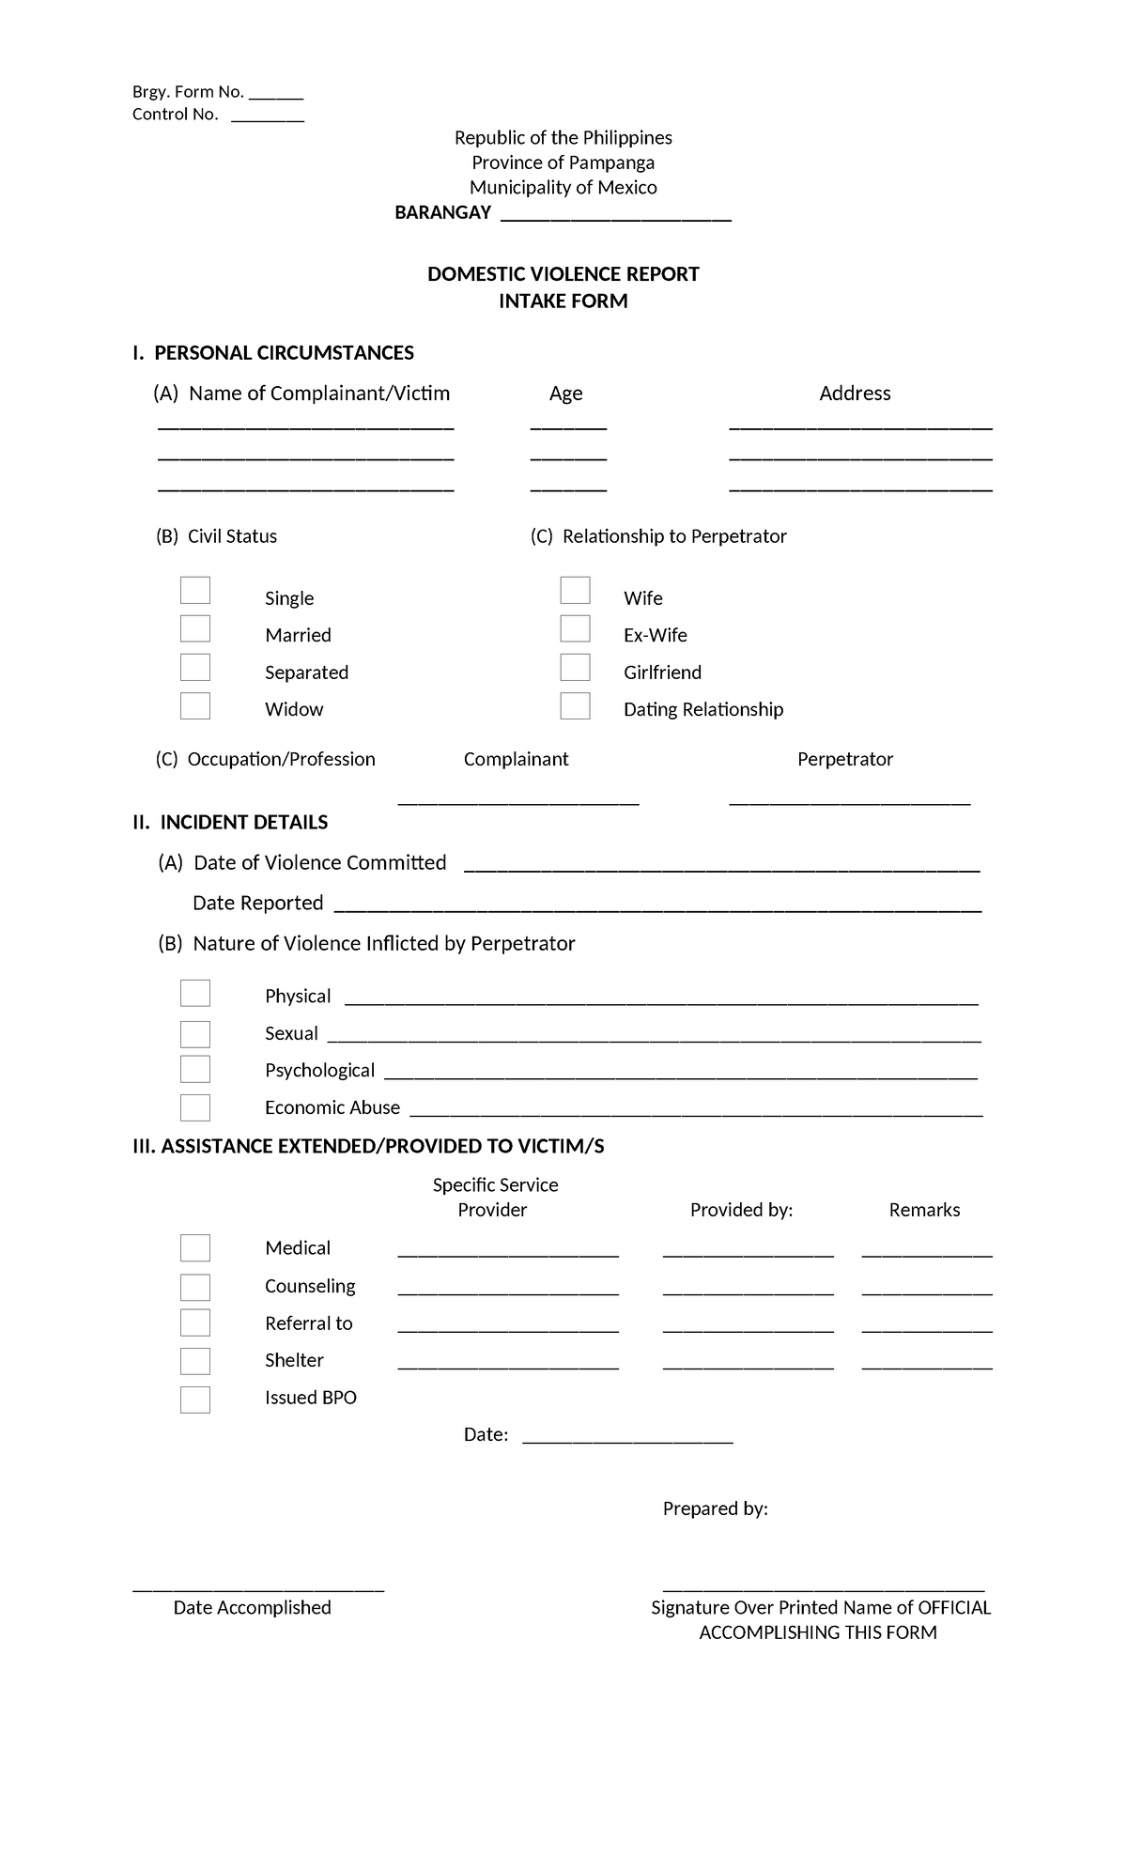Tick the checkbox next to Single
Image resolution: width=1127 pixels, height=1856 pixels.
pyautogui.click(x=195, y=591)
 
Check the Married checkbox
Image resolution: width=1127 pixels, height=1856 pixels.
pyautogui.click(x=195, y=628)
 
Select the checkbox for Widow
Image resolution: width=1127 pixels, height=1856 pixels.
pyautogui.click(x=195, y=705)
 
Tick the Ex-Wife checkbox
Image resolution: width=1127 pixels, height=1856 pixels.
pyautogui.click(x=575, y=628)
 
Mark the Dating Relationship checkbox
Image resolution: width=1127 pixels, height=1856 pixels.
pyautogui.click(x=575, y=705)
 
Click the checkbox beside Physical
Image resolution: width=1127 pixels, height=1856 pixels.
pyautogui.click(x=195, y=994)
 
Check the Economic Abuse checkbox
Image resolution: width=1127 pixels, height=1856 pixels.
pyautogui.click(x=195, y=1107)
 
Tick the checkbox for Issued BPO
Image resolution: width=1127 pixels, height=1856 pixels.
pyautogui.click(x=195, y=1400)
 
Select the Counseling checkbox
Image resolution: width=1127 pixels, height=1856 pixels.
pyautogui.click(x=195, y=1287)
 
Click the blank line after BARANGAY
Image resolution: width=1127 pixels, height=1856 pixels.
pyautogui.click(x=616, y=216)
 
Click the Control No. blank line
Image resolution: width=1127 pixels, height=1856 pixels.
pyautogui.click(x=268, y=116)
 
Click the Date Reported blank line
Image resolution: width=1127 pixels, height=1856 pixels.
pyautogui.click(x=657, y=906)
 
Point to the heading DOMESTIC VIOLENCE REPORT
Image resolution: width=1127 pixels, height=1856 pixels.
pyautogui.click(x=563, y=274)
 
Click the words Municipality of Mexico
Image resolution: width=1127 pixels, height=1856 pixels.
pyautogui.click(x=563, y=188)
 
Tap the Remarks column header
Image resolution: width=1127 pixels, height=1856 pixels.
pyautogui.click(x=924, y=1210)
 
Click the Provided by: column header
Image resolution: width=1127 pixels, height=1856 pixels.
pyautogui.click(x=741, y=1210)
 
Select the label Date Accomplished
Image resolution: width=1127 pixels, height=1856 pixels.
pyautogui.click(x=252, y=1607)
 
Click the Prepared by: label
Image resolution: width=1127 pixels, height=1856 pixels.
pyautogui.click(x=715, y=1508)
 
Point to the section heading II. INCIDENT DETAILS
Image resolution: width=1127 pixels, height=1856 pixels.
pyautogui.click(x=230, y=823)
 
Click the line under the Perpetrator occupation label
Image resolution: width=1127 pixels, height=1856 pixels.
pyautogui.click(x=849, y=800)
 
